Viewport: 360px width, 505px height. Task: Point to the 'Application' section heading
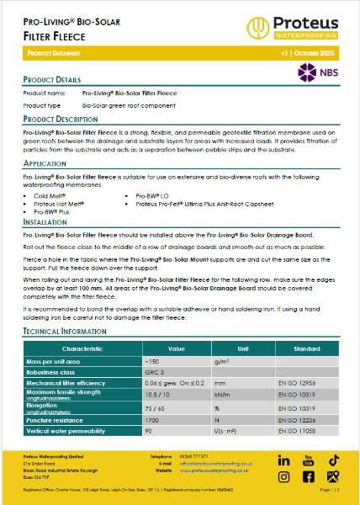coord(45,163)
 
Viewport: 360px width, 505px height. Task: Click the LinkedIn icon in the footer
coord(283,460)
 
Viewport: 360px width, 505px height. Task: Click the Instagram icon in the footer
coord(283,477)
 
